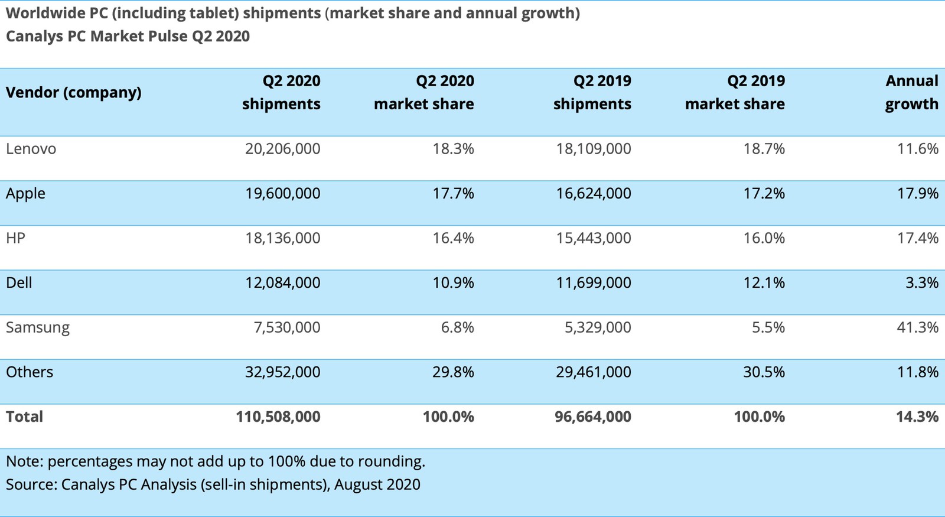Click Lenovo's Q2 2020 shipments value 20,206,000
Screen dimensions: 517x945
tap(282, 149)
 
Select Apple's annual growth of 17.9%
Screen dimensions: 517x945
tap(917, 194)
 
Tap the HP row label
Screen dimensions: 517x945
tap(15, 238)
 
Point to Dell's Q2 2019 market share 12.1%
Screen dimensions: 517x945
tap(764, 283)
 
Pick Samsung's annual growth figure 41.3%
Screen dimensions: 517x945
tap(917, 327)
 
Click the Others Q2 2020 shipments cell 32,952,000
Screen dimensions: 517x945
tap(282, 372)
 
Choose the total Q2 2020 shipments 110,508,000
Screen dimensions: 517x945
tap(278, 417)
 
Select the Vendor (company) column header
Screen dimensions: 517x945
tap(73, 93)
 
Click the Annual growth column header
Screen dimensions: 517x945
tap(911, 92)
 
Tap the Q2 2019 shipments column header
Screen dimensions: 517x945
tap(592, 92)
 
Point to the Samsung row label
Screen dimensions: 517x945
tap(38, 327)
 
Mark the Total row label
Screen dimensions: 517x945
tap(24, 417)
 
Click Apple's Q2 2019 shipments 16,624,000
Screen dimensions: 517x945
tap(593, 194)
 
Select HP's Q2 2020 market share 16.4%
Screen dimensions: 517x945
tap(453, 238)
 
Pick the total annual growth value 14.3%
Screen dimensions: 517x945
tap(917, 417)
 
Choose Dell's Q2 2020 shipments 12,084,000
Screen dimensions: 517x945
tap(282, 283)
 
